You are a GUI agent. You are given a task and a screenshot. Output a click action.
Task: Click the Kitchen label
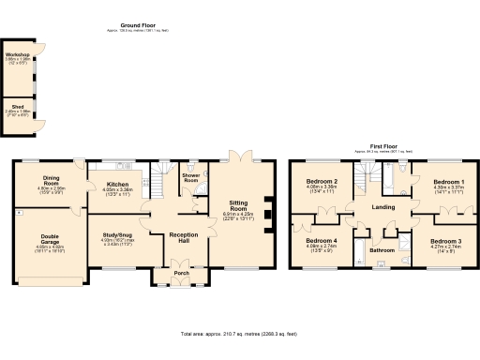[x=117, y=184]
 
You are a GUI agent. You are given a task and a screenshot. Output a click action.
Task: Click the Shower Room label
[x=190, y=180]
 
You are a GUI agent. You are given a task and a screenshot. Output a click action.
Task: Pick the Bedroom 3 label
[x=446, y=241]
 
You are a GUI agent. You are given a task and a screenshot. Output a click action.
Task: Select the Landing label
[x=384, y=207]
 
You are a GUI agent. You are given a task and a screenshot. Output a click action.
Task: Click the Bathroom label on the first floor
[x=382, y=250]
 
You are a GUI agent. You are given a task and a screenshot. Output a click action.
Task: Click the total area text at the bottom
[x=239, y=333]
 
